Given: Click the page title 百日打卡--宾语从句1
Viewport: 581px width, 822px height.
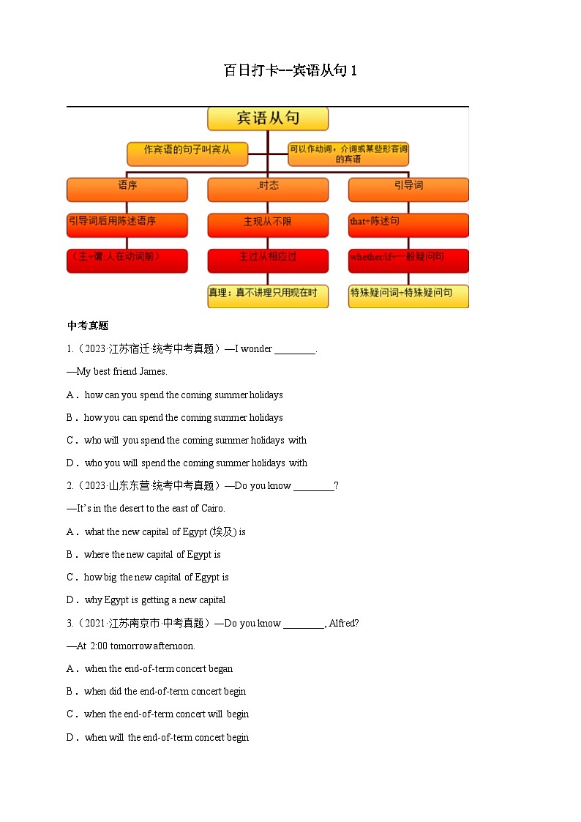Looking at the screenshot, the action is [x=290, y=71].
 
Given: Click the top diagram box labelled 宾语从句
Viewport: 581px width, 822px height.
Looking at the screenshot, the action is [x=268, y=119].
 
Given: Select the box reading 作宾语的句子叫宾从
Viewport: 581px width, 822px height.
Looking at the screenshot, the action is [x=187, y=153].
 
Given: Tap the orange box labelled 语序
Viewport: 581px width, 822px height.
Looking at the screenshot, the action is [x=127, y=189].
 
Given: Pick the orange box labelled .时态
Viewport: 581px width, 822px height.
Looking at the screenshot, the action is [x=268, y=189].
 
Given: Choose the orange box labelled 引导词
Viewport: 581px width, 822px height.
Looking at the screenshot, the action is [x=408, y=189].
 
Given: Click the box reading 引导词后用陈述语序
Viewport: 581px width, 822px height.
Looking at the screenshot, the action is [x=127, y=225].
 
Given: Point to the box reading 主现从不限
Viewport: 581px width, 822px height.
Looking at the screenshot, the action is [x=268, y=225].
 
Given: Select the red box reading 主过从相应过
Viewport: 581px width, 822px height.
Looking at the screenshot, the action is [x=268, y=261].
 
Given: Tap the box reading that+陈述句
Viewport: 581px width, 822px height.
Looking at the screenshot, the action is [x=408, y=225].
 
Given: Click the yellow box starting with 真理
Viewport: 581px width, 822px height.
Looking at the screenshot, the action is [x=268, y=296].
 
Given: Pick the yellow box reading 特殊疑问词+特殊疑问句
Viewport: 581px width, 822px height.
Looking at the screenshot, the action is [x=408, y=296].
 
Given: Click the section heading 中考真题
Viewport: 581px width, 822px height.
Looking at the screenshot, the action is [x=88, y=326].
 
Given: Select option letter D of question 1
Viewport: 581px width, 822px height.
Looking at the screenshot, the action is [x=71, y=463].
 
